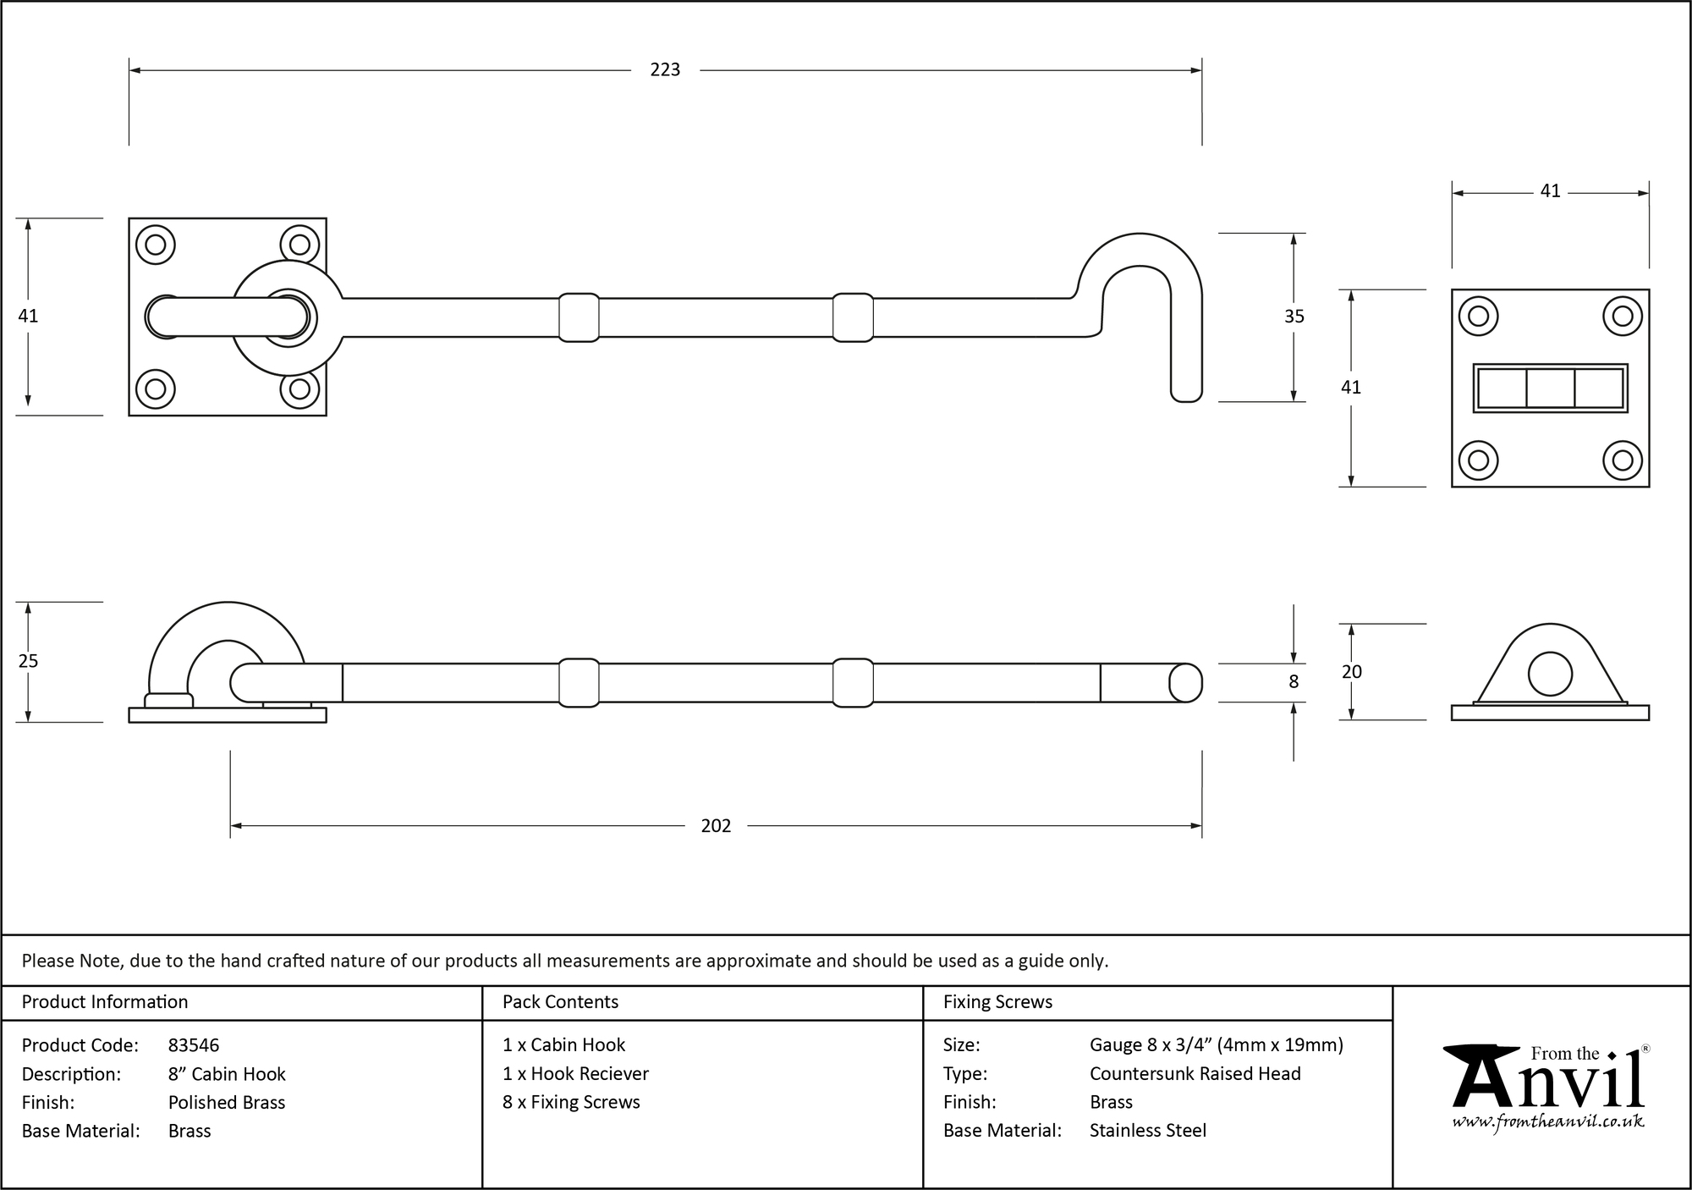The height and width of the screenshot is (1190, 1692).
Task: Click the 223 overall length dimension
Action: tap(665, 70)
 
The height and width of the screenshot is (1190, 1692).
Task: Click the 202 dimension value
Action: tap(716, 826)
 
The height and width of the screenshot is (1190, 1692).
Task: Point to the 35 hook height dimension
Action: tap(1294, 317)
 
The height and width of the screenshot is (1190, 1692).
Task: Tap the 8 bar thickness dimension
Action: tap(1293, 682)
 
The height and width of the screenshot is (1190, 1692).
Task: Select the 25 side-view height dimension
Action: tap(28, 661)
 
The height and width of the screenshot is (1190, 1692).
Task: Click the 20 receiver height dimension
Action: tap(1351, 672)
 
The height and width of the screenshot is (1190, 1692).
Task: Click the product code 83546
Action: tap(194, 1045)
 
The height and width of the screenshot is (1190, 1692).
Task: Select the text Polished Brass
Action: tap(227, 1102)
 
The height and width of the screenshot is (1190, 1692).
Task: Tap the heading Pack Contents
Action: tap(560, 1002)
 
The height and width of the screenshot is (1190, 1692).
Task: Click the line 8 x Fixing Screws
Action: tap(571, 1102)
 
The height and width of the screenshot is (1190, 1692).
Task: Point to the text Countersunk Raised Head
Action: tap(1195, 1073)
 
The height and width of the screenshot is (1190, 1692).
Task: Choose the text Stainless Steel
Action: tap(1147, 1130)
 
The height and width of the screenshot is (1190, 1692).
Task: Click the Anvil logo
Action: tap(1548, 1079)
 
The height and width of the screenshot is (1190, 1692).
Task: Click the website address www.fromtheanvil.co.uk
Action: tap(1548, 1121)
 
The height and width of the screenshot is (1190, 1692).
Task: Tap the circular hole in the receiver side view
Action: tap(1550, 675)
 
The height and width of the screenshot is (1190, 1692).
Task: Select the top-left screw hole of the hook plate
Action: tap(156, 245)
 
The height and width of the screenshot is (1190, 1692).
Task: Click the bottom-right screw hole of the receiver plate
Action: tap(1622, 460)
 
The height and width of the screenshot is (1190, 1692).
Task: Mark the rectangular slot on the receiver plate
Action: tap(1550, 388)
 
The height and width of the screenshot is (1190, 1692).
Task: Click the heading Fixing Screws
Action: tap(997, 1002)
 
